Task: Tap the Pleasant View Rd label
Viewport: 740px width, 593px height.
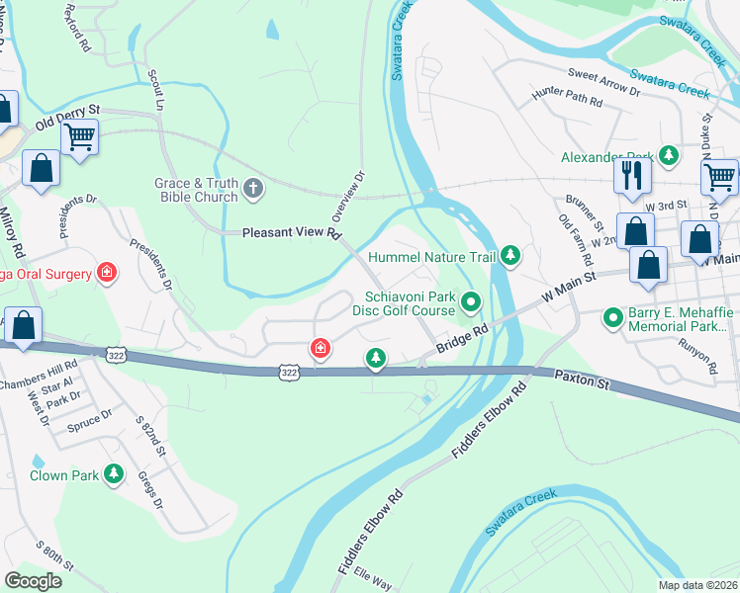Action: pos(292,234)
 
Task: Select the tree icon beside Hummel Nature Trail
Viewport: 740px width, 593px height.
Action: pos(510,257)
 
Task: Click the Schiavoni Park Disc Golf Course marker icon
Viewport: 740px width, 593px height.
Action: pos(472,302)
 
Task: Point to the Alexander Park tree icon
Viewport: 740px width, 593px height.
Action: pos(670,156)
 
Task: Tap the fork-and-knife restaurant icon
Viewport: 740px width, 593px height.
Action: pos(631,176)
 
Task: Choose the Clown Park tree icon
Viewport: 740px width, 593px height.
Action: pos(114,475)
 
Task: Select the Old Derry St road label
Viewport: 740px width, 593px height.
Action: pos(68,117)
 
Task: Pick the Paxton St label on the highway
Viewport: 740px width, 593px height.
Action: pos(578,377)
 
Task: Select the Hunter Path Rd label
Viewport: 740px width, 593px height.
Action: pos(567,99)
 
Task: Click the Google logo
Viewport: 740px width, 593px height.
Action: pos(33,581)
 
